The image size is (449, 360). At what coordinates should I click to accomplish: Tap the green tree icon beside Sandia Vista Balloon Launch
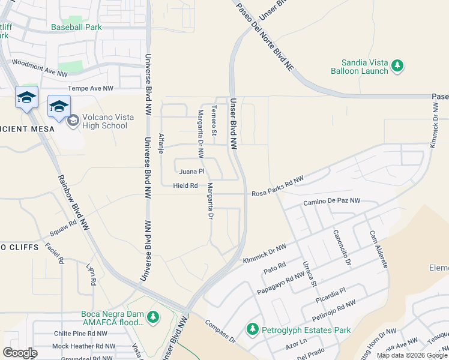tap(397, 66)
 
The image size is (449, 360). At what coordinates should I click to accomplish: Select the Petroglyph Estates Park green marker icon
tap(253, 329)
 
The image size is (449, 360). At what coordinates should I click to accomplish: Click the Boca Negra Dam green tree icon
tap(154, 316)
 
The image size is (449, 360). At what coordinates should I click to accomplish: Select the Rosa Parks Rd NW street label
tap(277, 186)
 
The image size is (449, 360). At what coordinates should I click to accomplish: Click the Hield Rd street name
tap(185, 186)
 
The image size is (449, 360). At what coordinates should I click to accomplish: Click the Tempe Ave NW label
tap(90, 88)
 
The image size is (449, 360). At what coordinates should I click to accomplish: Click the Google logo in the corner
tap(20, 353)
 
